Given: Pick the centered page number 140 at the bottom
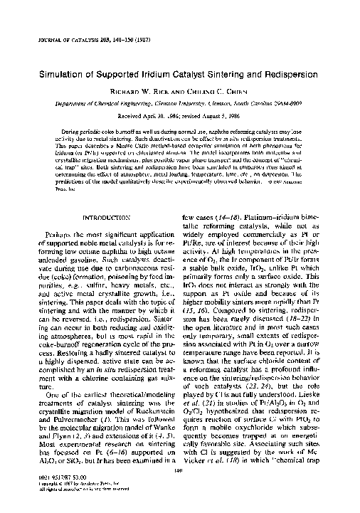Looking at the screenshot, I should (x=180, y=470).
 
